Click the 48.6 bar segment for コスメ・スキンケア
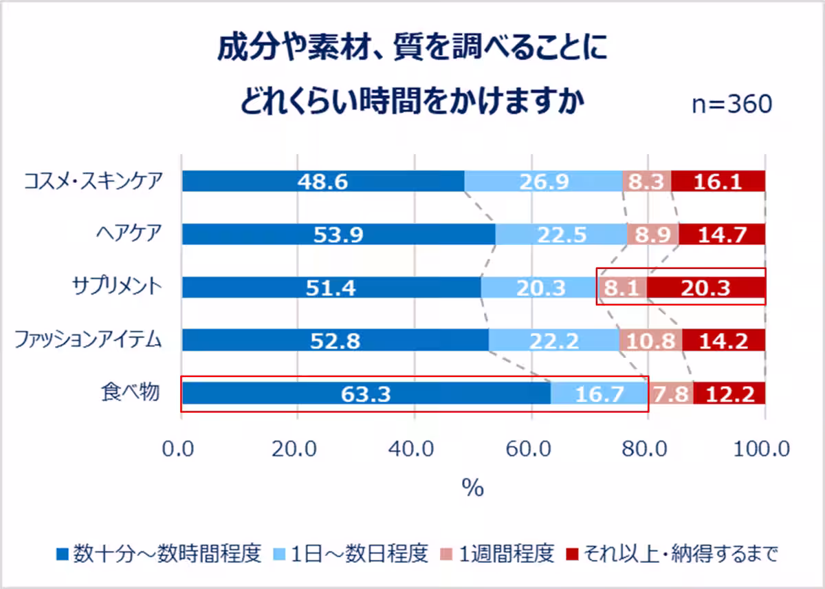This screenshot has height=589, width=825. [x=323, y=182]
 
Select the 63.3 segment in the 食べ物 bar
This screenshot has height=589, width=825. [x=366, y=394]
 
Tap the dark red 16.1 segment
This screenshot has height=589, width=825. [x=718, y=182]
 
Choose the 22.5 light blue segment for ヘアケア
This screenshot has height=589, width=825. [x=561, y=235]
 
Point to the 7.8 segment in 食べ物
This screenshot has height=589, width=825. [x=671, y=394]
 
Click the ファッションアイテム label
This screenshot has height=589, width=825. [x=88, y=339]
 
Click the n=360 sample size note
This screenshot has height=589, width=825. [x=731, y=105]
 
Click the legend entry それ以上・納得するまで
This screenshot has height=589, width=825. [x=670, y=553]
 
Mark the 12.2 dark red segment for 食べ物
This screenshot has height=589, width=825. [x=729, y=394]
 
